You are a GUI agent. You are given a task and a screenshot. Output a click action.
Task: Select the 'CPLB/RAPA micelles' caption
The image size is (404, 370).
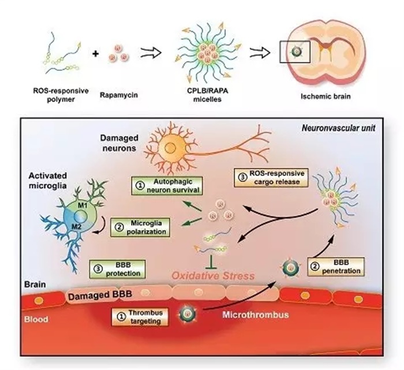tap(199, 94)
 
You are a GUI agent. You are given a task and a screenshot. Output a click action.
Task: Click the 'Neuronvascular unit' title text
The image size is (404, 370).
tap(341, 126)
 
